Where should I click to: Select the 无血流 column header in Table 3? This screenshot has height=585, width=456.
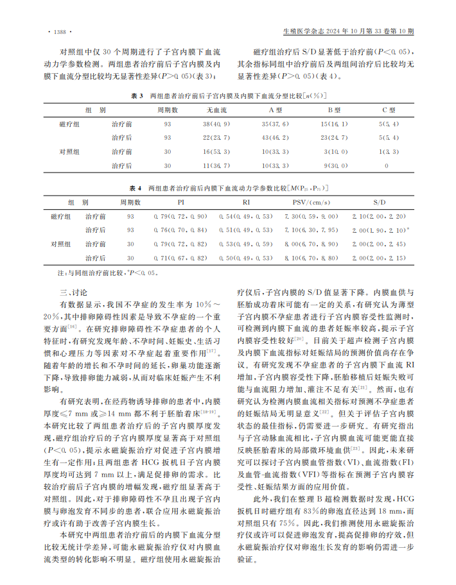216,110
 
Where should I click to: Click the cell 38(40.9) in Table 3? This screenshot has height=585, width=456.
216,123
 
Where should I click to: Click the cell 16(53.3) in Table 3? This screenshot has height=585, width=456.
216,151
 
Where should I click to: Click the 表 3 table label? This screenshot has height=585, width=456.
136,96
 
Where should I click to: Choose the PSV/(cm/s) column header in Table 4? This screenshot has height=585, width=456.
302,202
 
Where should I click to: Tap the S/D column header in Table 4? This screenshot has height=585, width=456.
378,202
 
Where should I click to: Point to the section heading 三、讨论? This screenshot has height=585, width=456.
72,292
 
